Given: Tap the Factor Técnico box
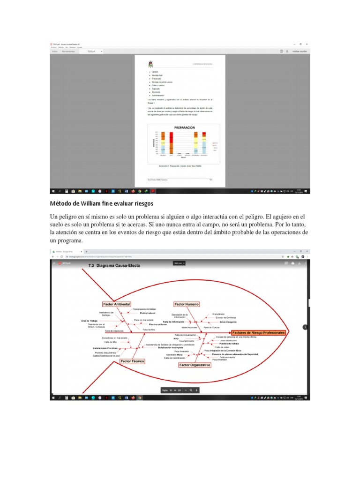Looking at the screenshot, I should (133, 361).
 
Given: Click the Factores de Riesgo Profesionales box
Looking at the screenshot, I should (258, 332).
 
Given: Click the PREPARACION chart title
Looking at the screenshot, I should (184, 127).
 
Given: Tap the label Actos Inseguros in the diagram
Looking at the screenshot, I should (228, 322).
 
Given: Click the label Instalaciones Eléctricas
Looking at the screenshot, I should (105, 348).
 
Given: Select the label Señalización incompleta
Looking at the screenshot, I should (171, 347).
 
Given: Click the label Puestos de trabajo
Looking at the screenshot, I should (229, 344).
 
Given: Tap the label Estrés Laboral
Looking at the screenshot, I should (147, 313).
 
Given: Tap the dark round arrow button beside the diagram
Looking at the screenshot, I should (305, 327).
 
